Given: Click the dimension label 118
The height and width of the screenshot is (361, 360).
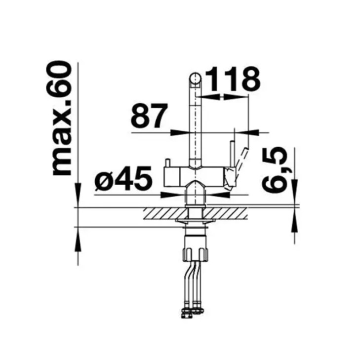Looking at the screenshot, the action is pyautogui.click(x=232, y=79).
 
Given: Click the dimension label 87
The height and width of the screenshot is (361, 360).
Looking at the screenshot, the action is pyautogui.click(x=149, y=116).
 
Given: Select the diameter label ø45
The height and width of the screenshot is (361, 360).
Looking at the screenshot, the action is pyautogui.click(x=123, y=178).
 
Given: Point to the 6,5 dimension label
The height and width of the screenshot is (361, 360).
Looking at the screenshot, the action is pyautogui.click(x=275, y=170).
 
